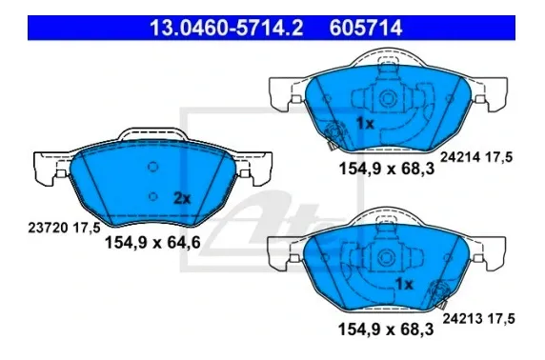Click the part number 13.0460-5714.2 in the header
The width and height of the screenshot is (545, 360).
point(226,29)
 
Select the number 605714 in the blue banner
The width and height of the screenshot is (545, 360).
point(366,29)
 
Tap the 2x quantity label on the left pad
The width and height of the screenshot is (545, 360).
point(182,199)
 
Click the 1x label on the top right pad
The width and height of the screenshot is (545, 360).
point(365,124)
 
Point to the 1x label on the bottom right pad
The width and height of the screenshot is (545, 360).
point(404,285)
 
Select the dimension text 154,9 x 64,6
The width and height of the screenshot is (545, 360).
point(153,242)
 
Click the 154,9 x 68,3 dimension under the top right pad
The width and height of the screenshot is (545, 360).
point(387,169)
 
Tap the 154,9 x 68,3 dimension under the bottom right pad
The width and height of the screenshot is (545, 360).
point(386,330)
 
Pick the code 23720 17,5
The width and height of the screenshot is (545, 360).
point(64,229)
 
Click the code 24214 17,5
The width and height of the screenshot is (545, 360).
point(476,157)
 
